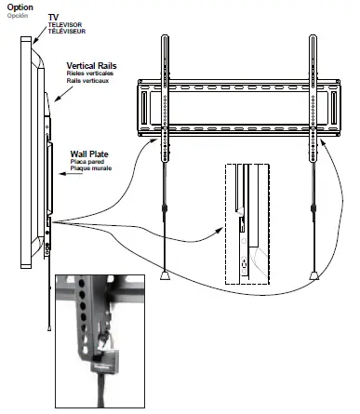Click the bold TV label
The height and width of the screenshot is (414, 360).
(x=54, y=17)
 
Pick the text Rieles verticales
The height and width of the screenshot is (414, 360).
(x=92, y=74)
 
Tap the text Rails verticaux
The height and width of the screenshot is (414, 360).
(x=90, y=82)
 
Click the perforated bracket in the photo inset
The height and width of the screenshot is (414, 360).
(x=86, y=316)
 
